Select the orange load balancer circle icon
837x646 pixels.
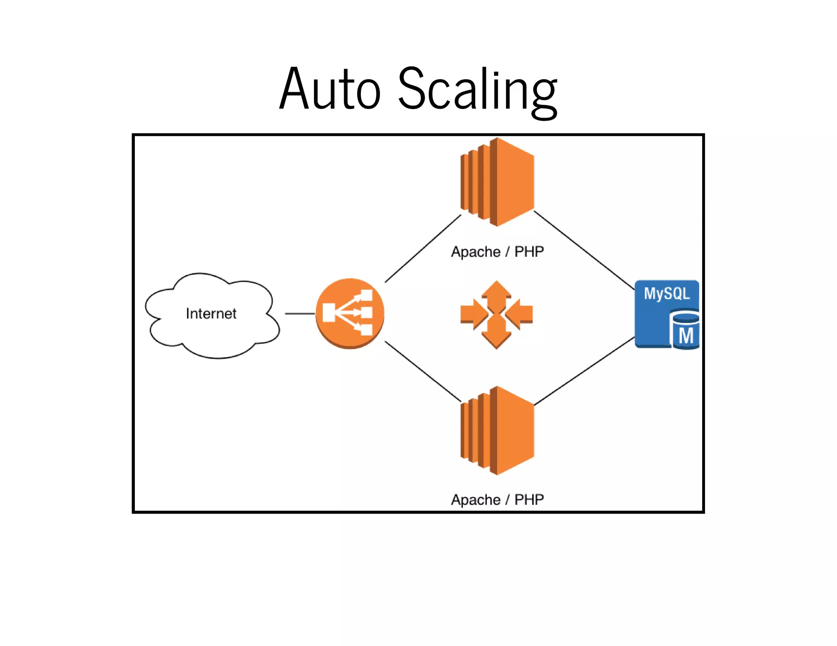click(x=350, y=314)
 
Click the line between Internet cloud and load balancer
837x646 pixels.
click(x=300, y=314)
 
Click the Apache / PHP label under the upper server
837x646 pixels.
click(x=497, y=252)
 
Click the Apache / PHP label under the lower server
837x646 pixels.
click(x=497, y=500)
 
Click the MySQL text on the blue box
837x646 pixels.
click(x=667, y=294)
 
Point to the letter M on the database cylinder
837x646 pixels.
click(x=686, y=336)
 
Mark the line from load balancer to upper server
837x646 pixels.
click(x=423, y=249)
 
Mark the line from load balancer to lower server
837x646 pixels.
click(x=423, y=371)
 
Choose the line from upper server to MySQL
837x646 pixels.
click(x=584, y=250)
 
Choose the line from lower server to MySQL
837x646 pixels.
click(x=584, y=371)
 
